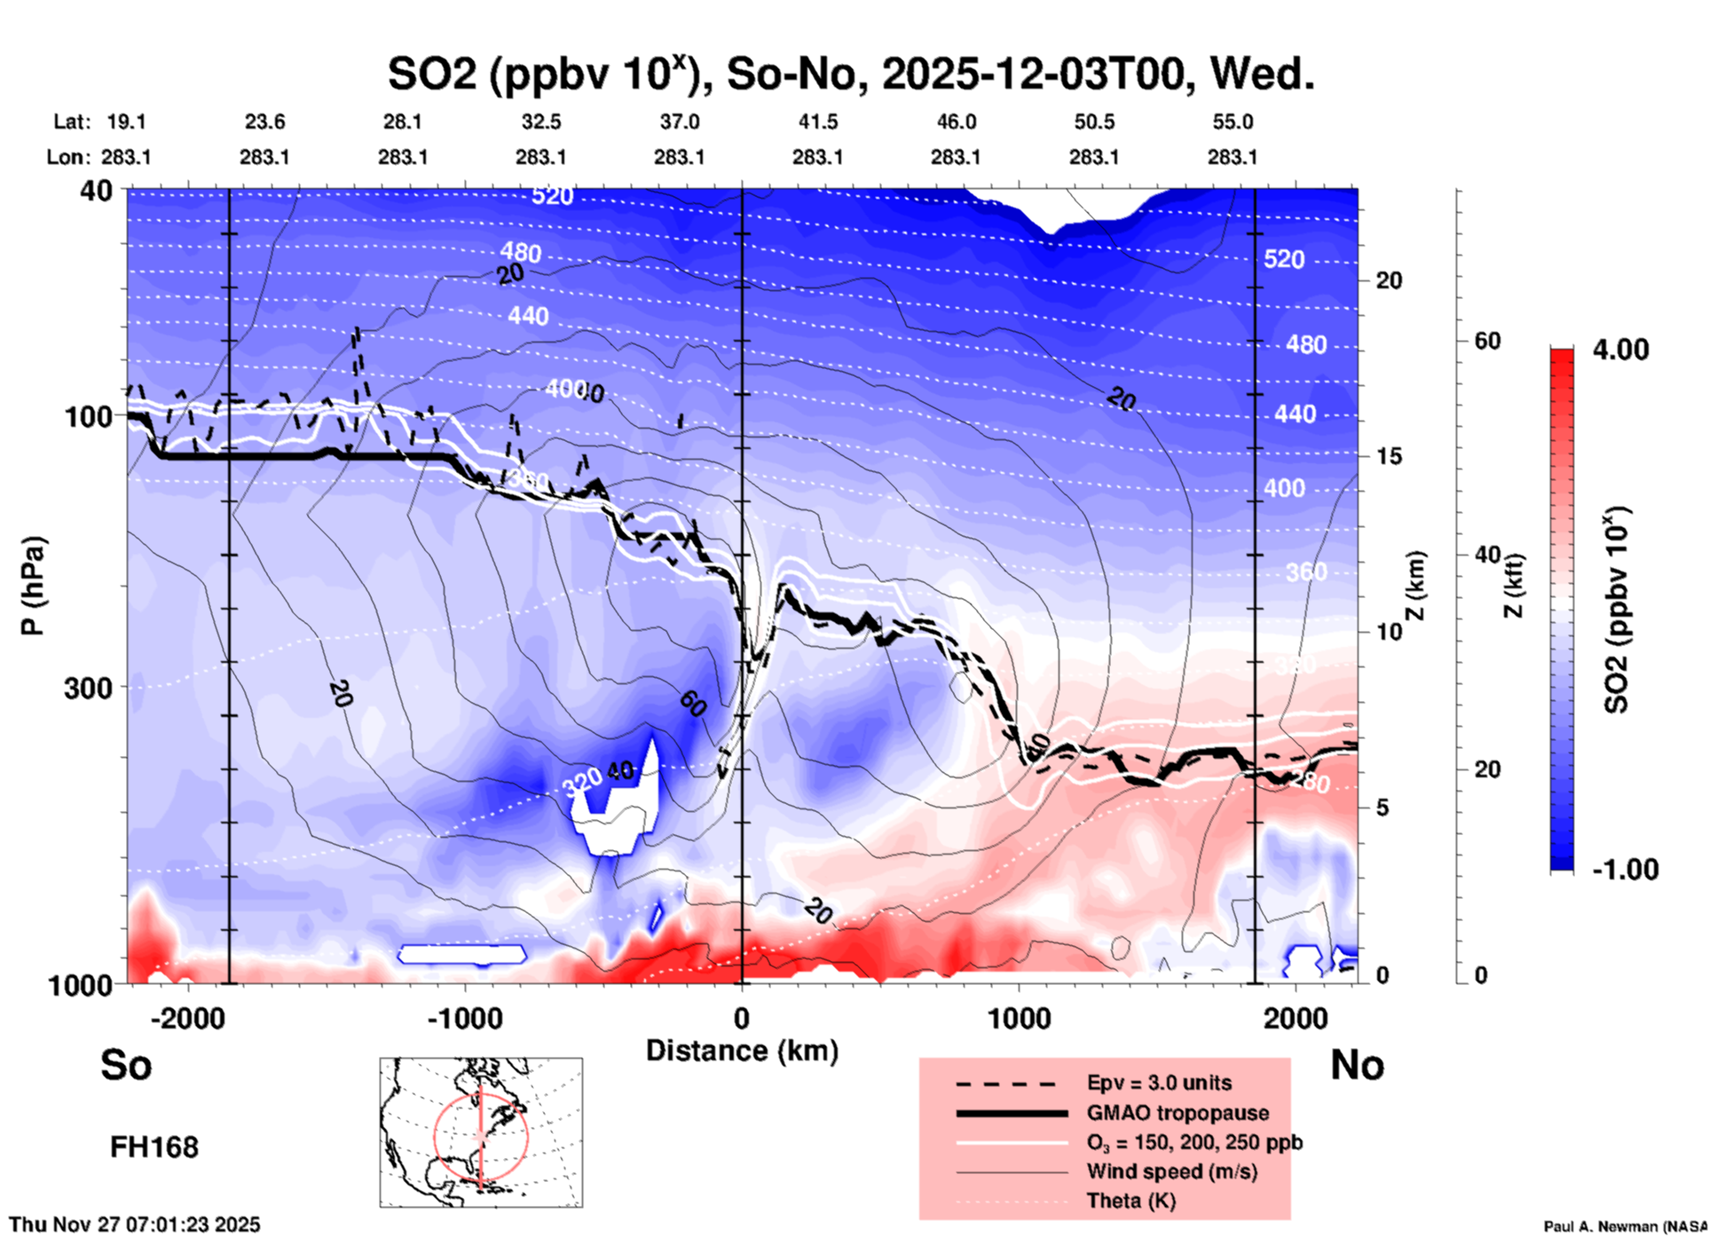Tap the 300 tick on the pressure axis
pos(88,688)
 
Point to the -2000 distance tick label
pos(187,1019)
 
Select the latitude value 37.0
pos(679,122)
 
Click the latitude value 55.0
pos(1233,122)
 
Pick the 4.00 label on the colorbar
pos(1620,350)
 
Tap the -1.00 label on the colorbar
pos(1625,869)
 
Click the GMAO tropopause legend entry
pos(1177,1113)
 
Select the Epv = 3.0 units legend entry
pos(1159,1083)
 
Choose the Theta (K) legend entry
pos(1130,1201)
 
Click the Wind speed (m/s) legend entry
pos(1171,1171)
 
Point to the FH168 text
pos(154,1147)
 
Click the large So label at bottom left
pos(126,1065)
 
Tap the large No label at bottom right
pos(1357,1065)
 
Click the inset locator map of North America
pos(481,1131)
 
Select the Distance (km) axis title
pos(742,1051)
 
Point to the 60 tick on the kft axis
pos(1487,341)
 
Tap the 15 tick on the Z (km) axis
pos(1389,456)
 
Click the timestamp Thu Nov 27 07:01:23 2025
pos(135,1225)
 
